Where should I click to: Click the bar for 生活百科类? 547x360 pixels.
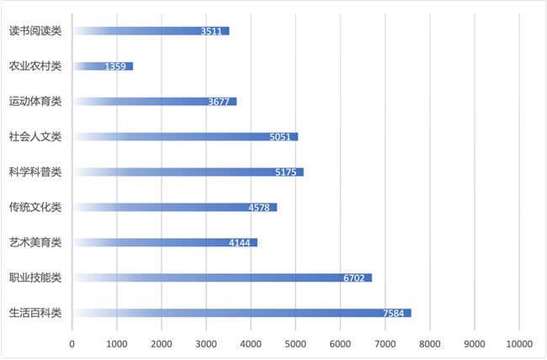pos(242,313)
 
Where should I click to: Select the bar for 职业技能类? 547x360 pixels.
pos(222,278)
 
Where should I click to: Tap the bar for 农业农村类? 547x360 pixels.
pos(103,66)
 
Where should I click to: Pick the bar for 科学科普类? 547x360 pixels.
pos(188,172)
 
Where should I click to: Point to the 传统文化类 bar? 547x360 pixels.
pos(174,207)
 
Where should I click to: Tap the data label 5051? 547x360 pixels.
pos(281,137)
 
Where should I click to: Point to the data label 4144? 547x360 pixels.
pos(241,243)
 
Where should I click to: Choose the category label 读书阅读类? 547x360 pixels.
pos(35,30)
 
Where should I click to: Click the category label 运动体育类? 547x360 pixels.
pos(35,101)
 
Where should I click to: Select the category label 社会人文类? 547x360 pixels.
pos(35,136)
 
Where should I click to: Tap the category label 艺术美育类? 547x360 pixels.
pos(35,242)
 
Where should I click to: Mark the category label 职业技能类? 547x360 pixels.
pos(35,278)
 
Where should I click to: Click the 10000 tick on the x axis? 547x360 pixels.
pos(518,343)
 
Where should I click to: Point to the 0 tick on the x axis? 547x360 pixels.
pos(72,343)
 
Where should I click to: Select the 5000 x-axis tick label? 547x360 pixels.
pos(295,343)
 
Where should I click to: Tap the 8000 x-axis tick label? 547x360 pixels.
pos(429,343)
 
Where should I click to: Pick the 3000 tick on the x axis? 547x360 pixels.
pos(206,343)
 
